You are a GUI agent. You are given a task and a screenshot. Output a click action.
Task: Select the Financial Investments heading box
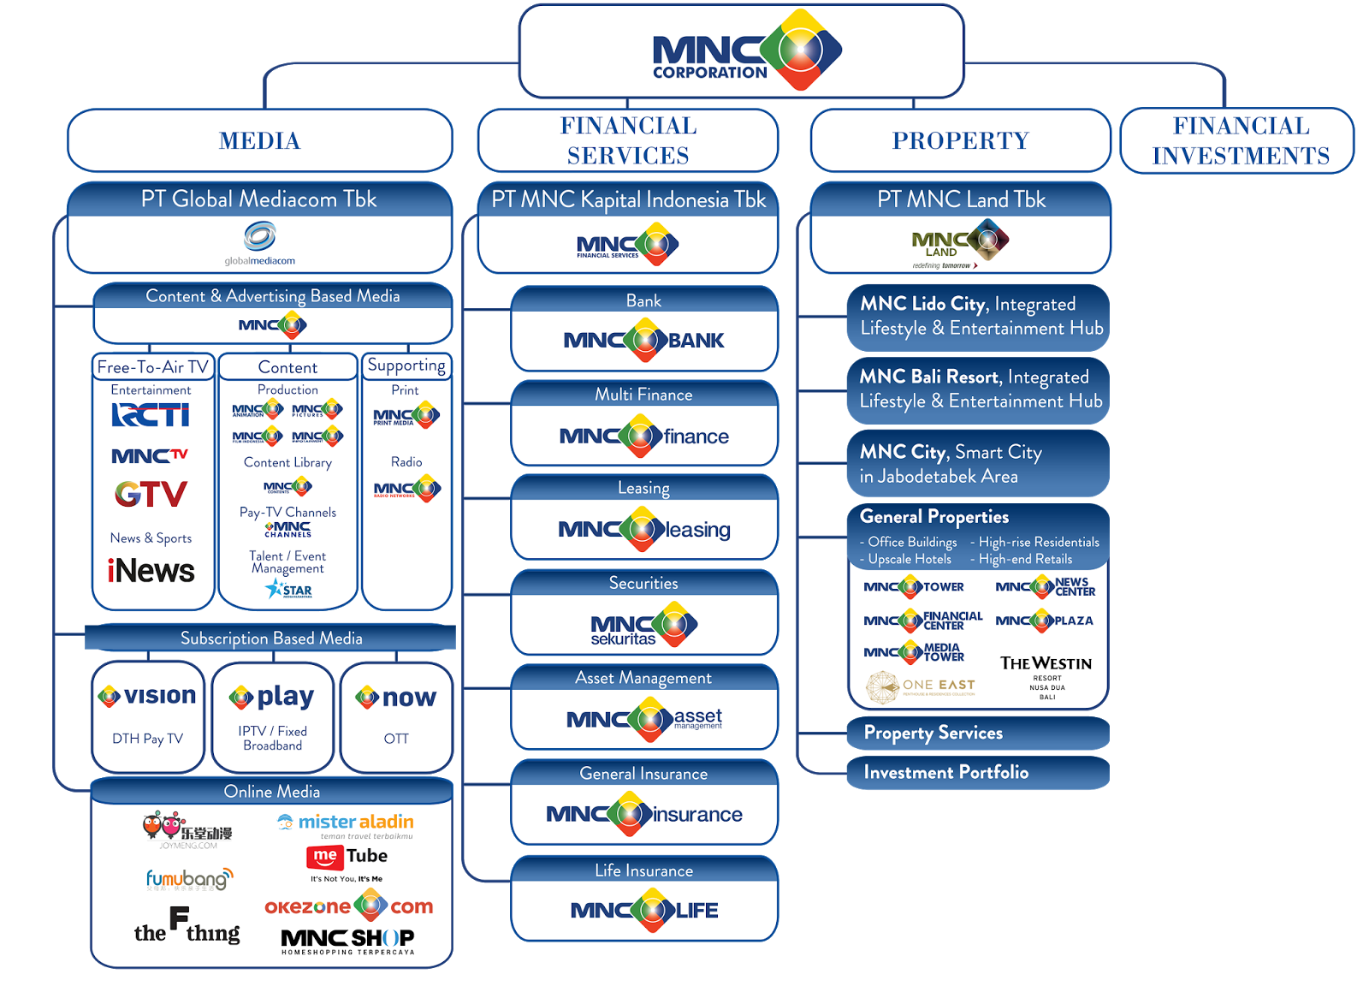pos(1240,140)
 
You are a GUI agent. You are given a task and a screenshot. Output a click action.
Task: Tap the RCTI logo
pos(151,415)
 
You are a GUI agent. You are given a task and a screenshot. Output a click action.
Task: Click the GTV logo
pos(151,494)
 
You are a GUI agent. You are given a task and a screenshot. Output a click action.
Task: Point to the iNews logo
pos(151,571)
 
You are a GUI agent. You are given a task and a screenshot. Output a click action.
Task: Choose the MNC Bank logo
pos(643,341)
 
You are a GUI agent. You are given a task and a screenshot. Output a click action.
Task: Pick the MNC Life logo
pos(643,910)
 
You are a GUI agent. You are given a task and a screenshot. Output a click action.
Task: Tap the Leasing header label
pos(643,488)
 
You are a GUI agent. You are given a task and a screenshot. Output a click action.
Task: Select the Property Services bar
pos(977,734)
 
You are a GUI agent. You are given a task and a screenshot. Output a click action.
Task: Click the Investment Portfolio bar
pos(977,772)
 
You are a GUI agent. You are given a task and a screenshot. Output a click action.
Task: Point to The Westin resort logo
pos(1046,675)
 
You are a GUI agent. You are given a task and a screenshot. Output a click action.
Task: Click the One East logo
pos(921,686)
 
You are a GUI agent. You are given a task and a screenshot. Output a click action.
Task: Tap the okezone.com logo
pos(348,906)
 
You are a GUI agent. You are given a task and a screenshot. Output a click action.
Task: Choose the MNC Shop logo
pos(347,941)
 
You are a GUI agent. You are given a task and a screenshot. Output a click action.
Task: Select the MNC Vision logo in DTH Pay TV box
pos(147,697)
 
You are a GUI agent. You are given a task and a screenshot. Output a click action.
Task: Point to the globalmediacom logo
pos(260,243)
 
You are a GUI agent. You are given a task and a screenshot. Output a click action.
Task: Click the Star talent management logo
pos(288,590)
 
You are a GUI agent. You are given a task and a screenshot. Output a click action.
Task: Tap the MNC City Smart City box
pos(977,464)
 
